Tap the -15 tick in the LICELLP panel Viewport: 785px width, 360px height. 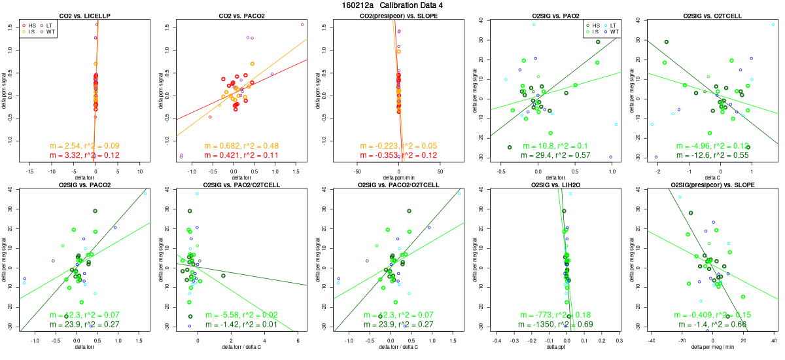[29, 171]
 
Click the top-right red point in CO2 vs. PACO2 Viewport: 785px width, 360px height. [302, 24]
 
